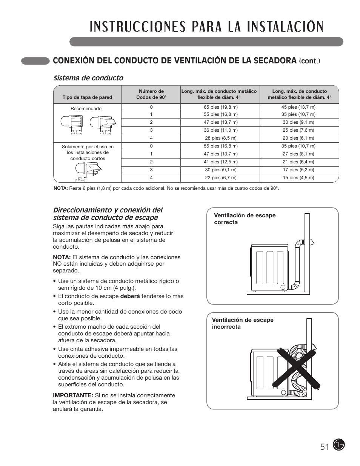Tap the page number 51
click(x=325, y=447)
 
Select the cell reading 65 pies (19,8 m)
click(x=220, y=107)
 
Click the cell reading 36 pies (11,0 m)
click(x=220, y=130)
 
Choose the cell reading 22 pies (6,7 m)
click(x=220, y=178)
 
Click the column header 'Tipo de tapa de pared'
click(x=87, y=97)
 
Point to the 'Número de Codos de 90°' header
click(x=151, y=94)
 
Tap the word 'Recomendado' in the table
click(x=86, y=109)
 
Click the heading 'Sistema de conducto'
click(x=88, y=78)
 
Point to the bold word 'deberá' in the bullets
click(x=130, y=296)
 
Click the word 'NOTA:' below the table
click(x=60, y=188)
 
